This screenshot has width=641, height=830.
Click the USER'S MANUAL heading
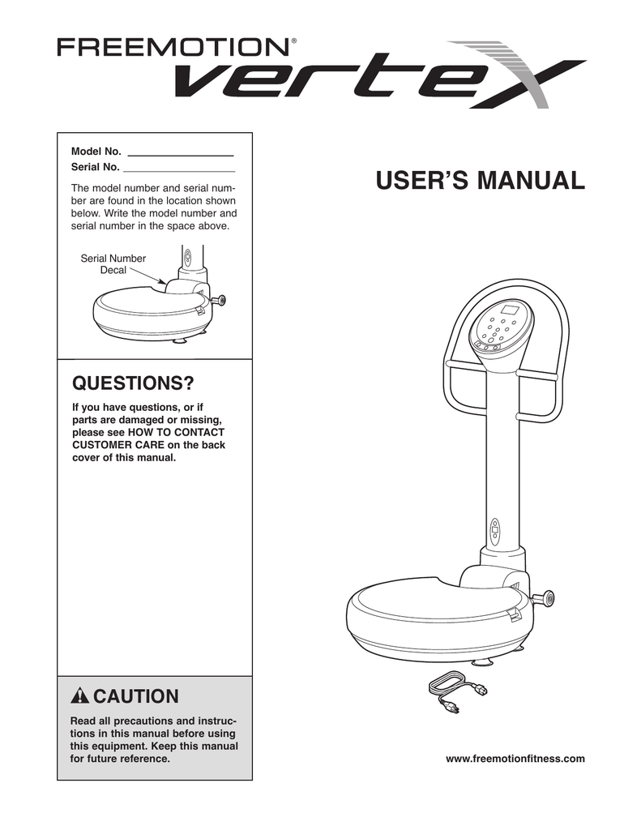point(480,180)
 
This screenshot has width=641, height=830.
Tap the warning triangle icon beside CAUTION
point(81,696)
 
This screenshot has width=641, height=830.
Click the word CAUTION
point(135,696)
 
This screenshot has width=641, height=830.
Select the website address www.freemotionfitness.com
point(515,759)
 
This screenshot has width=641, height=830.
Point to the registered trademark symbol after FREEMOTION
point(293,39)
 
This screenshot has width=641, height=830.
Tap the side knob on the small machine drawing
point(218,300)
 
